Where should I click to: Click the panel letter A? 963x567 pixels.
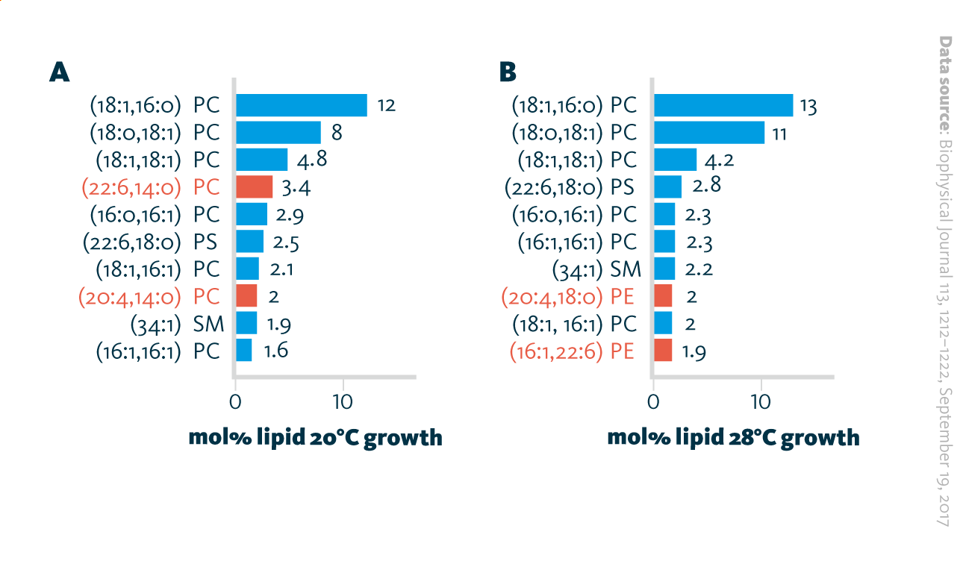pyautogui.click(x=59, y=72)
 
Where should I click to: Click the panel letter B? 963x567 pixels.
pyautogui.click(x=508, y=72)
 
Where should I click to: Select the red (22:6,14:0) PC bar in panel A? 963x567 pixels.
pyautogui.click(x=254, y=187)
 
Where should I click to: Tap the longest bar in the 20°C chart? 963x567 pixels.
pyautogui.click(x=301, y=105)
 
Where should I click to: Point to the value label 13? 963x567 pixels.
pyautogui.click(x=808, y=105)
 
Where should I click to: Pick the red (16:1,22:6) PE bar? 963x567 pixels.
pyautogui.click(x=662, y=350)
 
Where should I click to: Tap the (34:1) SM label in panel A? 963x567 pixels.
pyautogui.click(x=175, y=323)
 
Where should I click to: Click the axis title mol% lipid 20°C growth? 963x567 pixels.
pyautogui.click(x=316, y=437)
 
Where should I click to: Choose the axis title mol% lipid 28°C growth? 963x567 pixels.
pyautogui.click(x=733, y=437)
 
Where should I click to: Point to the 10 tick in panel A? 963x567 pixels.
pyautogui.click(x=343, y=401)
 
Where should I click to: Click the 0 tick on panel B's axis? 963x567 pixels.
pyautogui.click(x=653, y=401)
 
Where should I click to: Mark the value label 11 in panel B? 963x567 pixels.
pyautogui.click(x=779, y=133)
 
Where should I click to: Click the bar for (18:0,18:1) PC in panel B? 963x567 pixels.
pyautogui.click(x=708, y=133)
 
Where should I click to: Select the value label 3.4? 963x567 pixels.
pyautogui.click(x=296, y=187)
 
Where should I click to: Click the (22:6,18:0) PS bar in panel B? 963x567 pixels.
pyautogui.click(x=667, y=187)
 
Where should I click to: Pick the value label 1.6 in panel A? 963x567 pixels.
pyautogui.click(x=275, y=350)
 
